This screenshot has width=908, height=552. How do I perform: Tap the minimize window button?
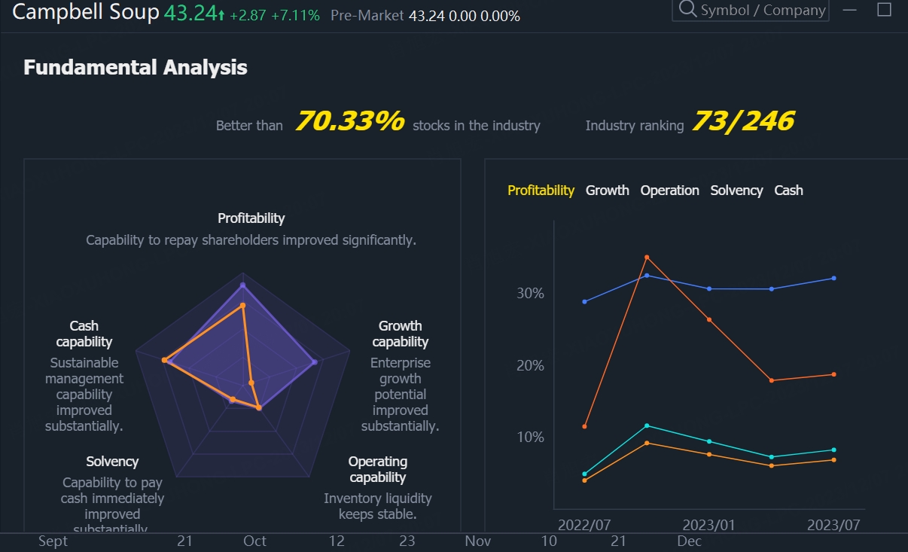(850, 10)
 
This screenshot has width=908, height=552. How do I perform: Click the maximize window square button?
(885, 10)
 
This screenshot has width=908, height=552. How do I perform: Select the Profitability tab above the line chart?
(541, 191)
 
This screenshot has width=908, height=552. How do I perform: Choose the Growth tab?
(607, 191)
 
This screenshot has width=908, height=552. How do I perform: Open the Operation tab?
(669, 191)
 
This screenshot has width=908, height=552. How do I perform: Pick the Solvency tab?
(736, 191)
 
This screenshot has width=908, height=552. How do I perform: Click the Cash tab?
(788, 191)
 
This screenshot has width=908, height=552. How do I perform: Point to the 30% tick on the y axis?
(530, 293)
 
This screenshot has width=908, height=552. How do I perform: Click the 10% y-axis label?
(530, 438)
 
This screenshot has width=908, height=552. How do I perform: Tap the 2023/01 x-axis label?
(708, 524)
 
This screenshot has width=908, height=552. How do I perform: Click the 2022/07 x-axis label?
(584, 524)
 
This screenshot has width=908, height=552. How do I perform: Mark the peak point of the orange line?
(647, 258)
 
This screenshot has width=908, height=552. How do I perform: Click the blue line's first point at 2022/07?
(584, 302)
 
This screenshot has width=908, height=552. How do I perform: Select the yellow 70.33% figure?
(349, 121)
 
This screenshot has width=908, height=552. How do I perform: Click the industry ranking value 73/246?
(742, 121)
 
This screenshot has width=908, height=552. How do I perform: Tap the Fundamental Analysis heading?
(136, 68)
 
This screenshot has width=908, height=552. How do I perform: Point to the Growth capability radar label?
(400, 334)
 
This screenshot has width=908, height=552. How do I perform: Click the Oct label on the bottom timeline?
(254, 541)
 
